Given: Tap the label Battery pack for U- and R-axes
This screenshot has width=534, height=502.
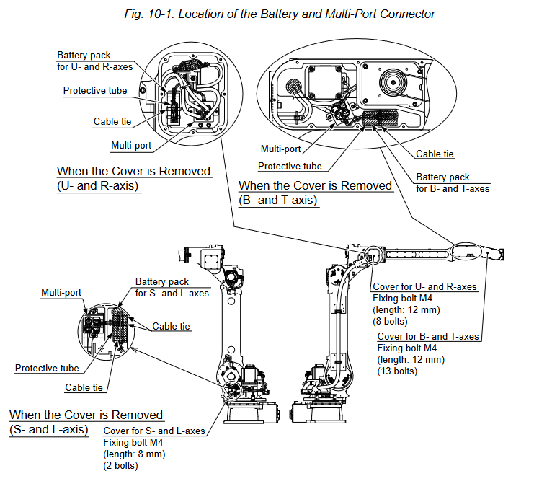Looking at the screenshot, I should point(94,60).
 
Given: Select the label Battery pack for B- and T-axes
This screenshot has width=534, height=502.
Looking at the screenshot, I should point(453,182).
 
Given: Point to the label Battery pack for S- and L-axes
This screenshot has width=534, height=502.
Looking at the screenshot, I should point(172,287).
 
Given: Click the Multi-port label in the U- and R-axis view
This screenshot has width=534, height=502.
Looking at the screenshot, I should point(131,145).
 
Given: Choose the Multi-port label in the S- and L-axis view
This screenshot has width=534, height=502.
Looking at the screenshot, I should point(61,293).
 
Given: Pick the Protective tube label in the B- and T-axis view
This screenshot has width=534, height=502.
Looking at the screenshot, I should point(290,166).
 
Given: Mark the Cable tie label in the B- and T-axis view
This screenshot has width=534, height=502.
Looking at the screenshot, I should point(435,154).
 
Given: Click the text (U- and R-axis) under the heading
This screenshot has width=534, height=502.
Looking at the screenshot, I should point(98,185).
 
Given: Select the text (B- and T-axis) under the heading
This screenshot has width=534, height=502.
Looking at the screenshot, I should point(278,200).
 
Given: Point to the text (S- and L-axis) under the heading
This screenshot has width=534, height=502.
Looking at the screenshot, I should point(49,429).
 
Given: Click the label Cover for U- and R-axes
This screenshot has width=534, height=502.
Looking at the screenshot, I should point(424,287).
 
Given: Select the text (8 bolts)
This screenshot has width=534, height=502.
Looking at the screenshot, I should point(390,322).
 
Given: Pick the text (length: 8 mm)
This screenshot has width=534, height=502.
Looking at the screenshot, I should point(135,454).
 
